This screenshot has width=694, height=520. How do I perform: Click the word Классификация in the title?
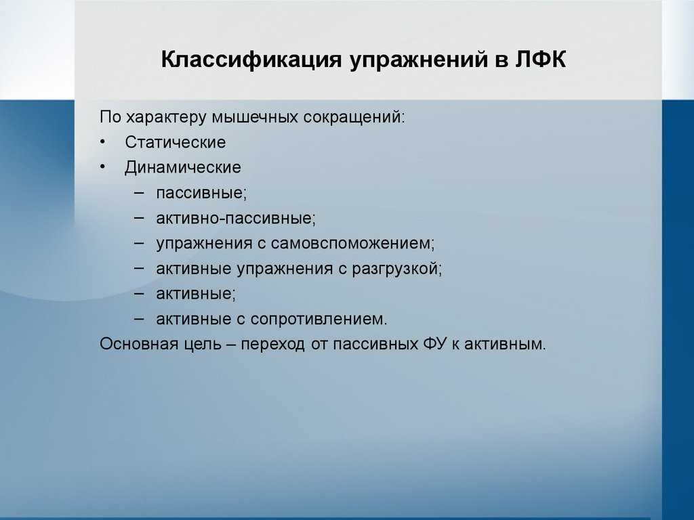(251, 60)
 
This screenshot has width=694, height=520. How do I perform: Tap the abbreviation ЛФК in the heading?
(540, 60)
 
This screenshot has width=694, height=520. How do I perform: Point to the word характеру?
(167, 118)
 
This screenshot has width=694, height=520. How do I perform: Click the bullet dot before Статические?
(103, 142)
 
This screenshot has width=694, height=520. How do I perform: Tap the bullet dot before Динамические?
(103, 167)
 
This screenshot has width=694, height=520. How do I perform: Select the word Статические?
(176, 142)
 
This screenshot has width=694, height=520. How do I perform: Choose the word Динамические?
(183, 167)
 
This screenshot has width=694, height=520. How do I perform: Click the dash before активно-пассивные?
(138, 218)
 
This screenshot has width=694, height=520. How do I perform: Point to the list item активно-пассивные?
(236, 219)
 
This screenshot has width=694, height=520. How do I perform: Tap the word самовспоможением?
(352, 244)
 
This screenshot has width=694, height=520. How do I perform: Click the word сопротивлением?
(319, 320)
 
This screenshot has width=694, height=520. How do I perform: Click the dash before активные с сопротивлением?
(138, 319)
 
